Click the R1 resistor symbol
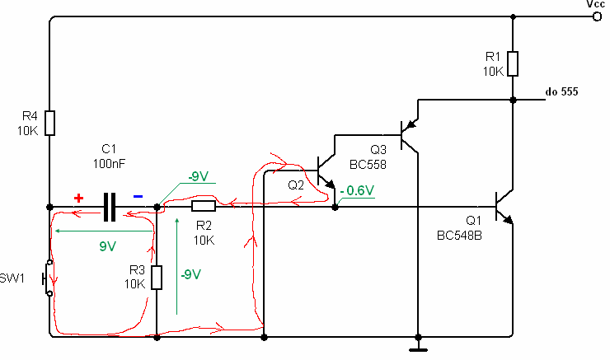pos(513,63)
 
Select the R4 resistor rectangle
pos(49,123)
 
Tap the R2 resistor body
pos(204,206)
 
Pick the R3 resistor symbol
pos(157,277)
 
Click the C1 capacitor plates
pos(110,208)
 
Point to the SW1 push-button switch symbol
pos(48,278)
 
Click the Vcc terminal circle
pos(597,16)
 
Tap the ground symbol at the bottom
pos(418,349)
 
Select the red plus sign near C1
pos(78,199)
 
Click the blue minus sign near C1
pos(138,197)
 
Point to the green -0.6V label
pos(357,190)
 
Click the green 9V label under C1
pos(107,246)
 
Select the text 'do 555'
pos(561,91)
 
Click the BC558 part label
pos(368,165)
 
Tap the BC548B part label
pos(459,236)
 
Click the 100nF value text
pos(109,164)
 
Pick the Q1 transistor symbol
pos(504,207)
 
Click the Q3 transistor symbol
pos(409,135)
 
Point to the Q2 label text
pos(296,185)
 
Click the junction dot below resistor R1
pos(513,100)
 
